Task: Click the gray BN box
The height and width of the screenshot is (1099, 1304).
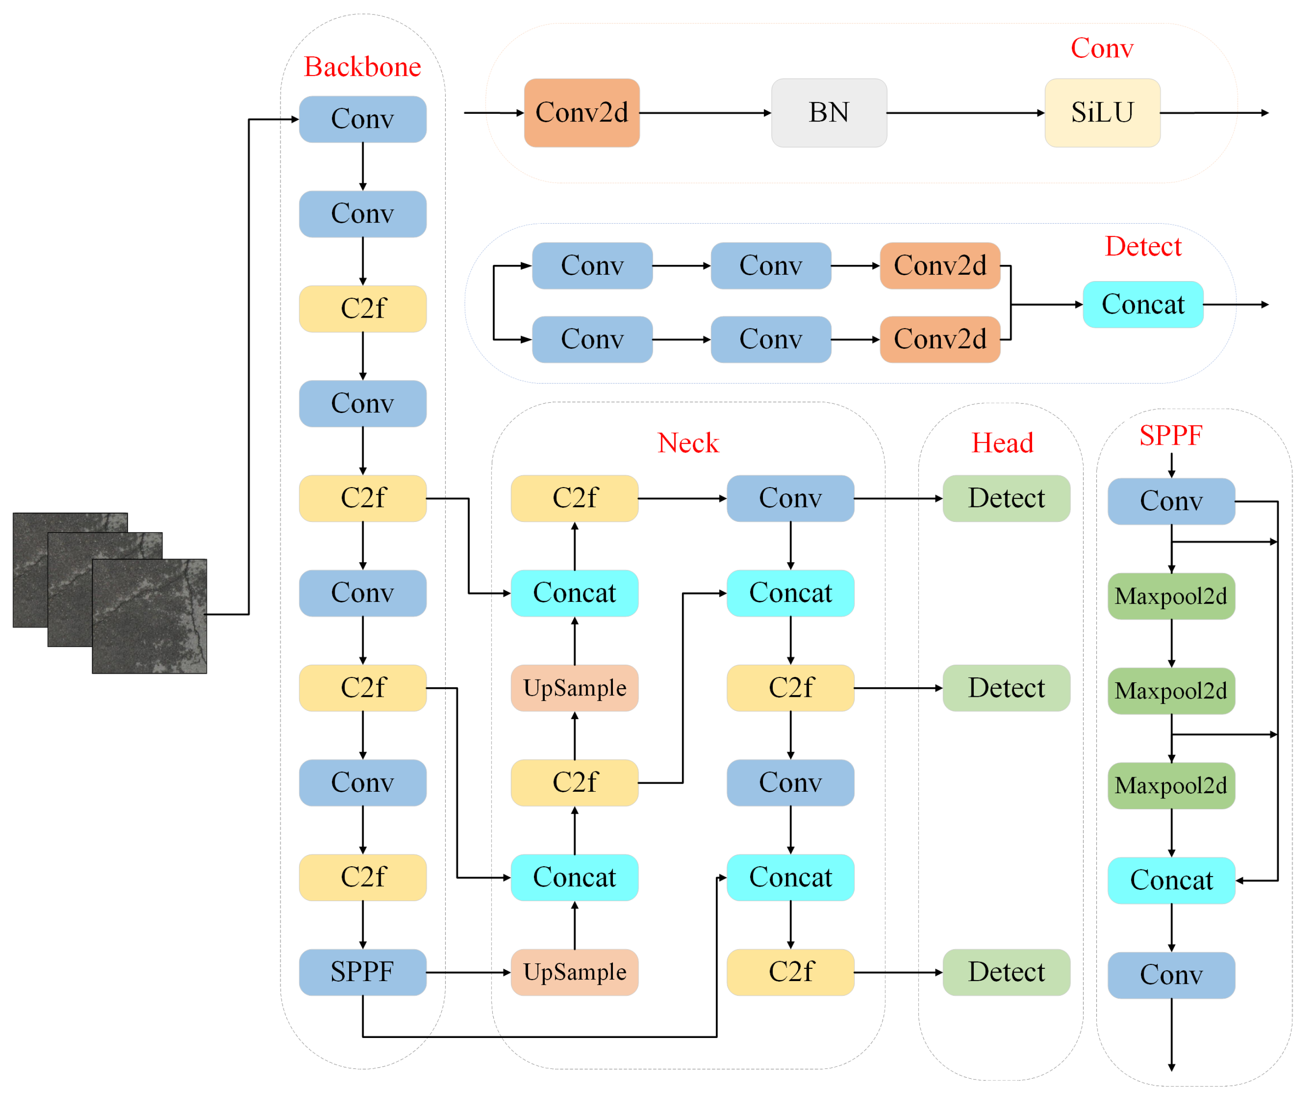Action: (x=828, y=113)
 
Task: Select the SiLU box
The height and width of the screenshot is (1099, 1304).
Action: (x=1102, y=113)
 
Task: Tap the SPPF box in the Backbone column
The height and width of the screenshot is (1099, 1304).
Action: (x=362, y=972)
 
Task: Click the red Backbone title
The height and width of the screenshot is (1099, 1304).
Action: (x=362, y=67)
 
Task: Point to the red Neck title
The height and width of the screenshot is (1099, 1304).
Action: (x=687, y=443)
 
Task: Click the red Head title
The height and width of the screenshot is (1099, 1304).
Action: (x=1002, y=443)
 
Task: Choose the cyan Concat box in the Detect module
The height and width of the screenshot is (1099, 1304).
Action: (x=1143, y=305)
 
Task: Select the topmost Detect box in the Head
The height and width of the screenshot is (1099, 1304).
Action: (x=1006, y=498)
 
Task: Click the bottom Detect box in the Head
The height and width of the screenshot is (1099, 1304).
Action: (x=1006, y=972)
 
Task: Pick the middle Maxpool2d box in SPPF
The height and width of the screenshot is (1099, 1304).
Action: (x=1171, y=691)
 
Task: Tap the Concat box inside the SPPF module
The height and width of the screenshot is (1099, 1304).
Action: (x=1171, y=880)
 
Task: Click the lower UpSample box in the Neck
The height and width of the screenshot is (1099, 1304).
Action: (x=574, y=972)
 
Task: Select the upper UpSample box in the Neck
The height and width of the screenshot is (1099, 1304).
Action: (x=574, y=688)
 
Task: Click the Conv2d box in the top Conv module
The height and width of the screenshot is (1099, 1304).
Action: (x=582, y=113)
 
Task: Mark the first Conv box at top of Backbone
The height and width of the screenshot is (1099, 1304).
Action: (x=362, y=119)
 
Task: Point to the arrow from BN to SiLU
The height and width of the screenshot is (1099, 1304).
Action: (x=965, y=113)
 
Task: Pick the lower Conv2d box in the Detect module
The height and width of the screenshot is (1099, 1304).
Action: (x=939, y=339)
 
